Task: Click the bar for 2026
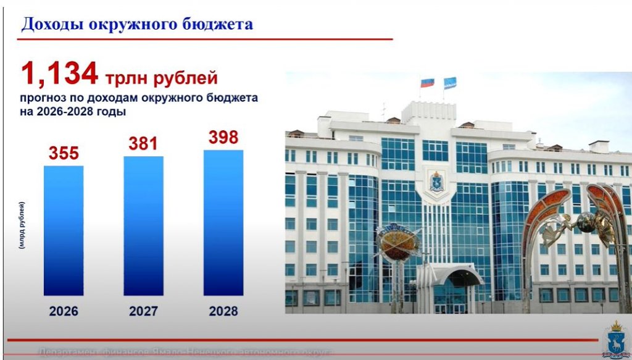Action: tap(64, 230)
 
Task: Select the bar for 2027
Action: tap(144, 225)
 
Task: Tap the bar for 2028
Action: tap(223, 222)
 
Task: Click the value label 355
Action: tap(64, 153)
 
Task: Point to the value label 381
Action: tap(144, 144)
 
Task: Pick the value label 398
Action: tap(223, 137)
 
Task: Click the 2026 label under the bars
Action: tap(64, 311)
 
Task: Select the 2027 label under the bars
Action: tap(144, 311)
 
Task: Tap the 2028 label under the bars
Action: tap(223, 311)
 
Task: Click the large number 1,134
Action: tap(60, 75)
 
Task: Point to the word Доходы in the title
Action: tap(52, 25)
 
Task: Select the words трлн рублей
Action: tap(161, 78)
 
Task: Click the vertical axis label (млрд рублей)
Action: tap(22, 225)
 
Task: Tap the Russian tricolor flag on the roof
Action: tap(427, 82)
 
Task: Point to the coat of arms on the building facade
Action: tap(437, 182)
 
